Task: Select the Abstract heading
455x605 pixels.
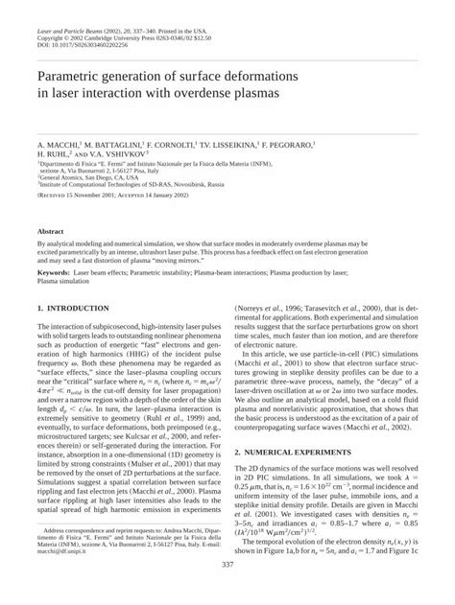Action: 51,232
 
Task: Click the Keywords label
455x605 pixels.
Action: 56,272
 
